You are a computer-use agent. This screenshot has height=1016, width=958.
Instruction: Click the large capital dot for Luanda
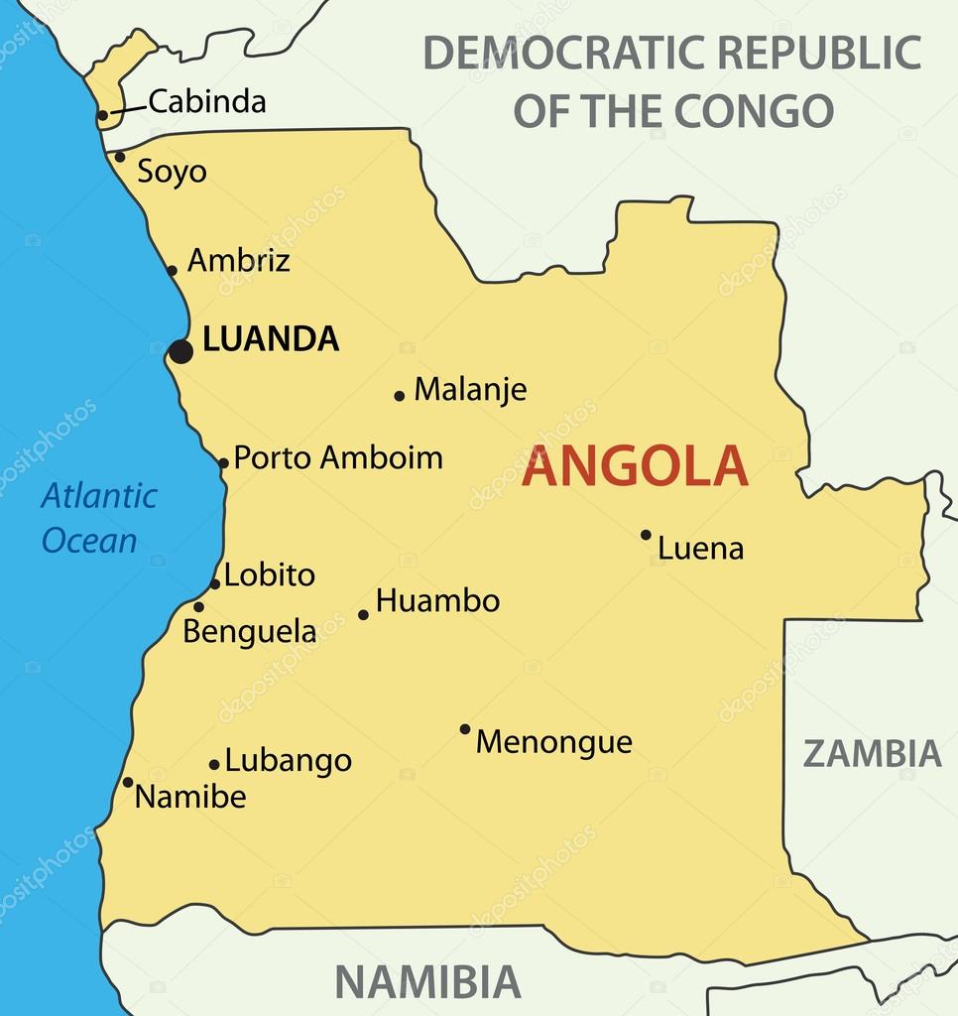[x=180, y=351]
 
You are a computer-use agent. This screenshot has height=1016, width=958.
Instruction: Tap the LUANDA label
[x=270, y=339]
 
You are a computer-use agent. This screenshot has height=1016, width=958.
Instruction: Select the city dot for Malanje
[x=400, y=396]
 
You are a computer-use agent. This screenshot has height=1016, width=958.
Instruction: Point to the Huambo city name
[x=437, y=601]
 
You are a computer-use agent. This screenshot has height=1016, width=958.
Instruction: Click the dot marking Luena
[x=646, y=535]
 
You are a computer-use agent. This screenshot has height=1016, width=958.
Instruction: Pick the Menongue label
[x=553, y=742]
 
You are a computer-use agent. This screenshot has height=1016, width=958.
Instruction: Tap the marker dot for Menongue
[x=464, y=729]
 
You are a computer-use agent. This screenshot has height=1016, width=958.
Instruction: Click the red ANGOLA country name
[x=635, y=467]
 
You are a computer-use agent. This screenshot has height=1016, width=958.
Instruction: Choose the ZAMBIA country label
[x=872, y=754]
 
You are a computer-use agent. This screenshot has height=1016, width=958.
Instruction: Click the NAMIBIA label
[x=427, y=982]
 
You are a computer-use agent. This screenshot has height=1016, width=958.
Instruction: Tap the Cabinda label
[x=207, y=101]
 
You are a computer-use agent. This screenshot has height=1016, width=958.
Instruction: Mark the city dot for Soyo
[x=120, y=157]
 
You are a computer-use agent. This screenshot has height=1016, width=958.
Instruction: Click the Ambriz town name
[x=239, y=261]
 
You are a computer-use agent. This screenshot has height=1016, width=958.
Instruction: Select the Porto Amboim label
[x=338, y=457]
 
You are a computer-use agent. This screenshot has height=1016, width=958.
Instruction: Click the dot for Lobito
[x=214, y=583]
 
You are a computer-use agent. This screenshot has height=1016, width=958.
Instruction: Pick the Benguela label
[x=250, y=632]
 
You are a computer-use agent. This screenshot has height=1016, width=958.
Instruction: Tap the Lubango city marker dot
[x=214, y=764]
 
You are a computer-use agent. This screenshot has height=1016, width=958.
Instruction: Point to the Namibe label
[x=190, y=797]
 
